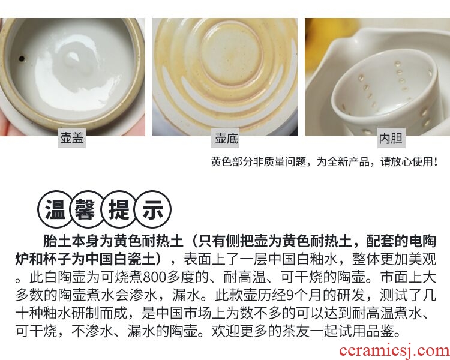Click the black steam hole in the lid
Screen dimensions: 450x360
click(x=22, y=59)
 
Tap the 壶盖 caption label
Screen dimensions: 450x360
click(x=72, y=138)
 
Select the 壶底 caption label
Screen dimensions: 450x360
click(x=226, y=138)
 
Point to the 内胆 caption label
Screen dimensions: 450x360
click(x=391, y=138)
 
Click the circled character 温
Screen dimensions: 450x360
click(x=55, y=209)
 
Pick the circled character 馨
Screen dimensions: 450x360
click(x=85, y=209)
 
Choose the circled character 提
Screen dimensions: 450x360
click(x=119, y=209)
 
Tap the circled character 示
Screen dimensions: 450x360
click(x=153, y=209)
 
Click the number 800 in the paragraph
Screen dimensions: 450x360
click(x=154, y=277)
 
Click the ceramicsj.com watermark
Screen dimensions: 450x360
click(x=394, y=350)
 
